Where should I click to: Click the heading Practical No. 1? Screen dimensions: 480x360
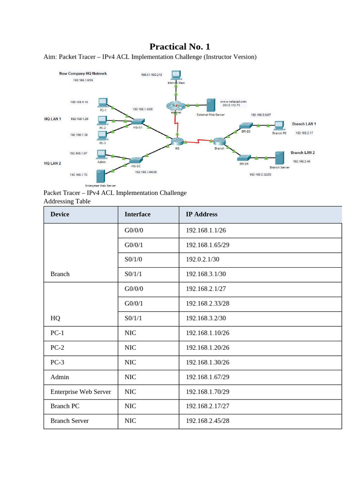click(180, 46)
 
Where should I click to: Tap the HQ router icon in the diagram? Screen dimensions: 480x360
click(176, 141)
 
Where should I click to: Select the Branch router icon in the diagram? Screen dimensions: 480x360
click(219, 141)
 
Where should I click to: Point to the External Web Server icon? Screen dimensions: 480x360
click(211, 105)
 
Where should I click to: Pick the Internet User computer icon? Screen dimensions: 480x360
click(176, 75)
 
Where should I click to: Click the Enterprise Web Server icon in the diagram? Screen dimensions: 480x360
click(100, 176)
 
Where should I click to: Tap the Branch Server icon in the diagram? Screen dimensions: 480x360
click(279, 157)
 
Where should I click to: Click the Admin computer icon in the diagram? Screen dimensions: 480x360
click(101, 154)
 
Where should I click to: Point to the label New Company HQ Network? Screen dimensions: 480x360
click(83, 73)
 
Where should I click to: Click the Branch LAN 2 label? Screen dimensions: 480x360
click(302, 153)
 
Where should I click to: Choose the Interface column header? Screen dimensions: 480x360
click(137, 214)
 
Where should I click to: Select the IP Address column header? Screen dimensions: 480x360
click(202, 214)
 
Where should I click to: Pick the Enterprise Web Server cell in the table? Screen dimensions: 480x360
click(81, 391)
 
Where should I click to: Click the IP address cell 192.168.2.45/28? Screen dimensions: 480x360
click(208, 420)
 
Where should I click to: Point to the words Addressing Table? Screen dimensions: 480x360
click(67, 201)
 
